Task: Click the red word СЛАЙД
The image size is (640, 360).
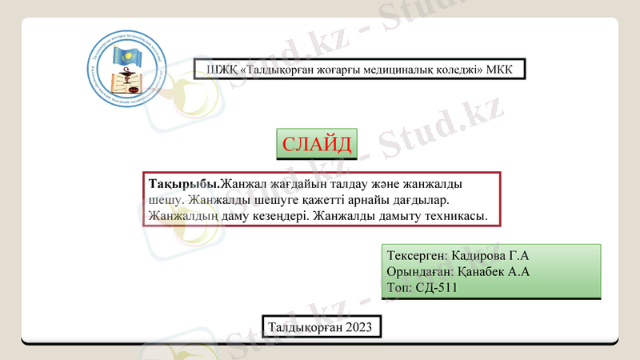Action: click(317, 145)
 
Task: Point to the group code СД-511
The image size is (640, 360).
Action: click(436, 287)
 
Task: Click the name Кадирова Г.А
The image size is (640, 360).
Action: click(490, 256)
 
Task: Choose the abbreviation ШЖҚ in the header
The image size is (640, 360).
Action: click(221, 70)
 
